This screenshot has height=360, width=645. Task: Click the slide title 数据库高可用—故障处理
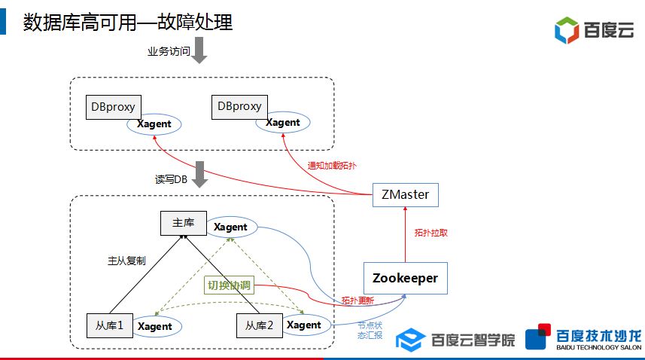pos(127,22)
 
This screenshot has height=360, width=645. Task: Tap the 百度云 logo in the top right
pos(595,30)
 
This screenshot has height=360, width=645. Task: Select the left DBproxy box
pos(113,107)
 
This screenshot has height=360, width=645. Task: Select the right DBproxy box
pos(239,106)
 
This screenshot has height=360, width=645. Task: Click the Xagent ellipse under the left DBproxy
pos(154,124)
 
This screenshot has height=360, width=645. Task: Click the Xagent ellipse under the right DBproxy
pos(283,123)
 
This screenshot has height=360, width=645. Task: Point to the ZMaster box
pos(406,194)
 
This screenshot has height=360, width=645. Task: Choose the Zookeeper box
pos(405,279)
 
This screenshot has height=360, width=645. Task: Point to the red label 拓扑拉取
pos(431,233)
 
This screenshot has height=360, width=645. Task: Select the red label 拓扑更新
pos(357,300)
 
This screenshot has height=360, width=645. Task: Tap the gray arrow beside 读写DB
pos(199,174)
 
